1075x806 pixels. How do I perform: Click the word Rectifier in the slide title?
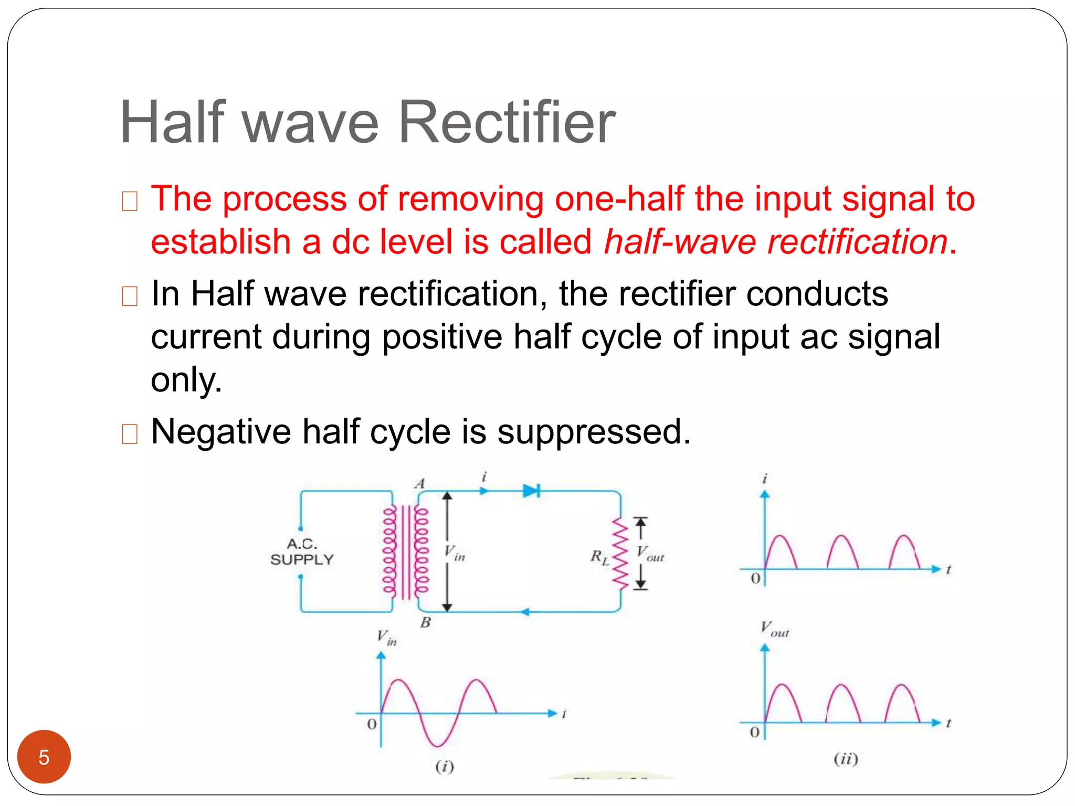[507, 123]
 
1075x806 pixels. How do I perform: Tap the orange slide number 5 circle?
[44, 757]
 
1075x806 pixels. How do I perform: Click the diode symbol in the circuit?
[531, 491]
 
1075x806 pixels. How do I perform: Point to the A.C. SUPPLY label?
[302, 552]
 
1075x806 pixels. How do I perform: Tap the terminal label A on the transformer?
[419, 484]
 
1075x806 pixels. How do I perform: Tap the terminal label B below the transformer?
[425, 623]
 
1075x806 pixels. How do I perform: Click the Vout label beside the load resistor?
[650, 554]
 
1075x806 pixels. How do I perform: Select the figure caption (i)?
[445, 767]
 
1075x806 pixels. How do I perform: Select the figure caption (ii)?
[846, 759]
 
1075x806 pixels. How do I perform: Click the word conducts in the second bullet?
[817, 293]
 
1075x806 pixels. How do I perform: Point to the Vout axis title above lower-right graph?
[774, 629]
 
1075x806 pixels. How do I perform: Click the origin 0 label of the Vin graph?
[372, 725]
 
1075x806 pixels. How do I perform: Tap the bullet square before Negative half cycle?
[129, 434]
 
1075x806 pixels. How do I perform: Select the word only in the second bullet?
[186, 379]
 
